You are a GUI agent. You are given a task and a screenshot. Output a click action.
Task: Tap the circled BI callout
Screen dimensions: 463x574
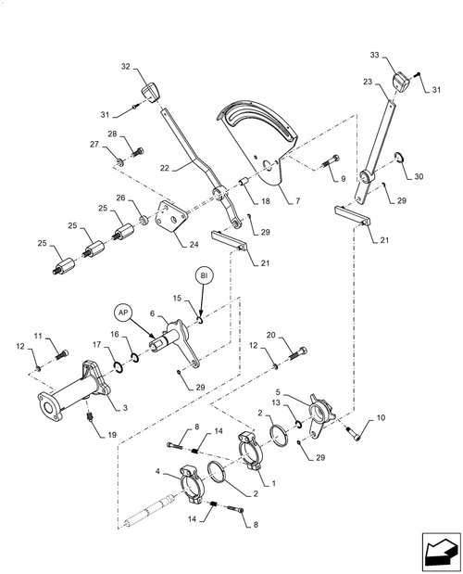click(204, 276)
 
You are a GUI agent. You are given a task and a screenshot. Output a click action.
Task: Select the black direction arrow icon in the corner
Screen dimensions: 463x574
click(442, 552)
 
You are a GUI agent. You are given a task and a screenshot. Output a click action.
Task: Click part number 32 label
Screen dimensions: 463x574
click(126, 66)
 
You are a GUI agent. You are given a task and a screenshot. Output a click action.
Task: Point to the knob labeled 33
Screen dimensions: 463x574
click(400, 82)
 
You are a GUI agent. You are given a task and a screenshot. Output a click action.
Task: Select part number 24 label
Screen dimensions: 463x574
click(194, 244)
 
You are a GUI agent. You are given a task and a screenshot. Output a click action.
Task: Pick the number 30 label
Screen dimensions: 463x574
click(419, 176)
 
